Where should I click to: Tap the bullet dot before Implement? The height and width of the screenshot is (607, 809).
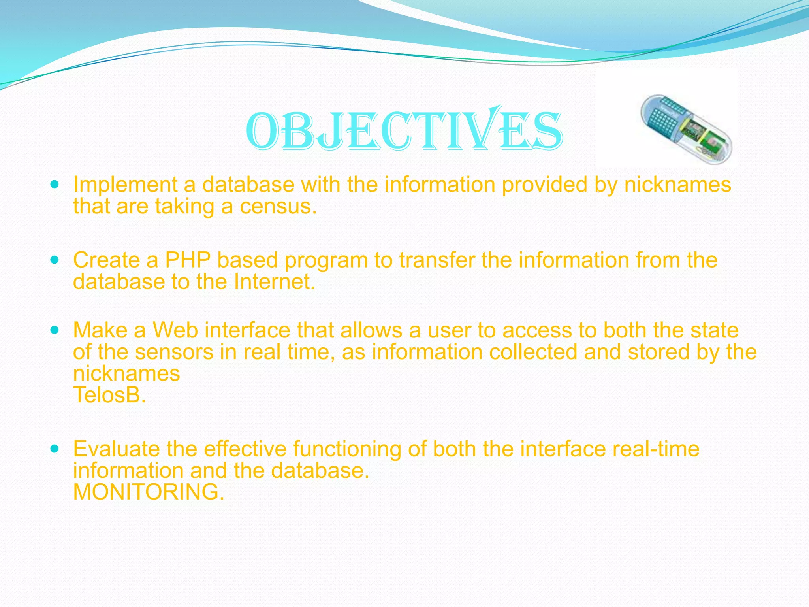coord(55,185)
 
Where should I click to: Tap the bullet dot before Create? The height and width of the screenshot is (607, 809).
coord(55,260)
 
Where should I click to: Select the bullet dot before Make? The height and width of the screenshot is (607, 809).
coord(55,330)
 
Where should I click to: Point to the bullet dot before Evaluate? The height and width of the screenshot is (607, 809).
coord(55,449)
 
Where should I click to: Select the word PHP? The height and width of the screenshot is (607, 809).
coord(187,260)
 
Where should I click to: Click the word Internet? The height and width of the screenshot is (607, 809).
coord(274,282)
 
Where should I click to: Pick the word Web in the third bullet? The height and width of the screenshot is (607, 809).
coord(175,330)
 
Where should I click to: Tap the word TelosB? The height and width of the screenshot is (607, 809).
coord(109,395)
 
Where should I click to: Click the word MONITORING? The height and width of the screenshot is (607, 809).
coord(149,492)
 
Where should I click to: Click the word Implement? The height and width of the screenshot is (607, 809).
coord(125,185)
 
